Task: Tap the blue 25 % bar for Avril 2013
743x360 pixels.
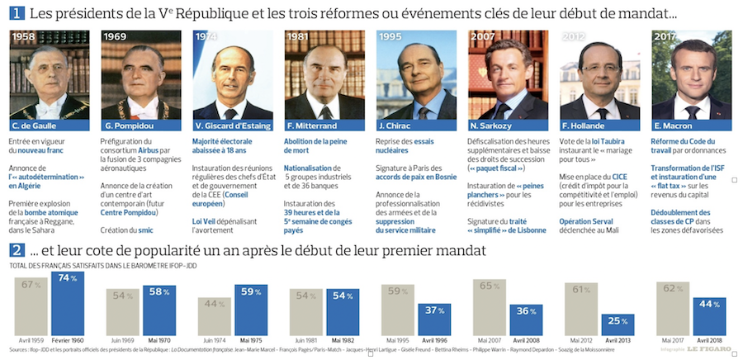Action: tap(616, 324)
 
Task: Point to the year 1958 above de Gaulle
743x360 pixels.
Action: tap(25, 38)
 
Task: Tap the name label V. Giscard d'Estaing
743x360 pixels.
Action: tap(234, 126)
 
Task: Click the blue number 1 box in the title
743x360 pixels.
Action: tap(16, 12)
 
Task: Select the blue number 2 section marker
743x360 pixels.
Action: tap(16, 249)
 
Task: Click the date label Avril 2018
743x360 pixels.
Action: tap(709, 339)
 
